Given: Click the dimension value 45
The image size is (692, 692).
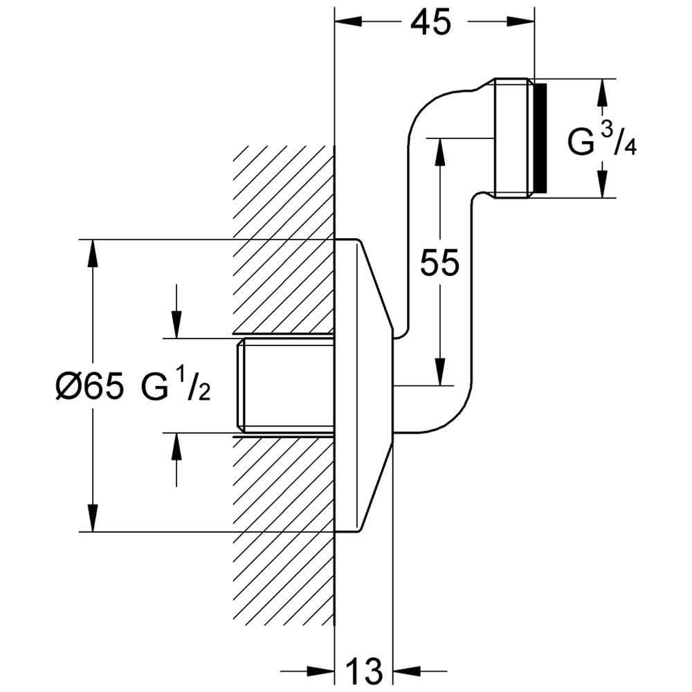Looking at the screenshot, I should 430,24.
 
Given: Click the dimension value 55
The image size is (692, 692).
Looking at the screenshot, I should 439,263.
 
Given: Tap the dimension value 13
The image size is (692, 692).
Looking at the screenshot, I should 363,670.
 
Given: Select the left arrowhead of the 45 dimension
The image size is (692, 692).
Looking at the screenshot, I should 346,23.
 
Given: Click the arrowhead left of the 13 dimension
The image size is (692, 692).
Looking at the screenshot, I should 322,670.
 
